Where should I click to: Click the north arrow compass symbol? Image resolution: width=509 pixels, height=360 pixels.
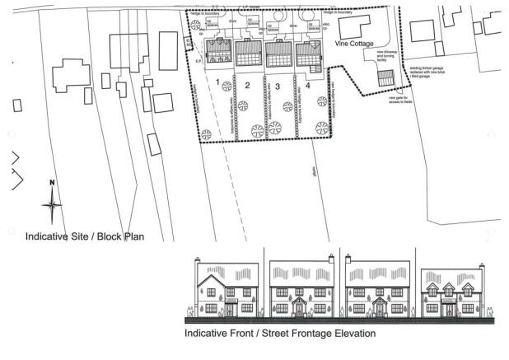pyautogui.click(x=52, y=202)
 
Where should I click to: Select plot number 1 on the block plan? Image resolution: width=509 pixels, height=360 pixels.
pyautogui.click(x=218, y=82)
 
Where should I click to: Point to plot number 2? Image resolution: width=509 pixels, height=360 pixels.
pyautogui.click(x=246, y=86)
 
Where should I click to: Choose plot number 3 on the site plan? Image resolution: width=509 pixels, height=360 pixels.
pyautogui.click(x=278, y=86)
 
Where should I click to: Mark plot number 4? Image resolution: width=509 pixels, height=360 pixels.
pyautogui.click(x=308, y=86)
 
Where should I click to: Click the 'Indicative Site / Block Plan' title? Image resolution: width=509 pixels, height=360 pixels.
pyautogui.click(x=84, y=237)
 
